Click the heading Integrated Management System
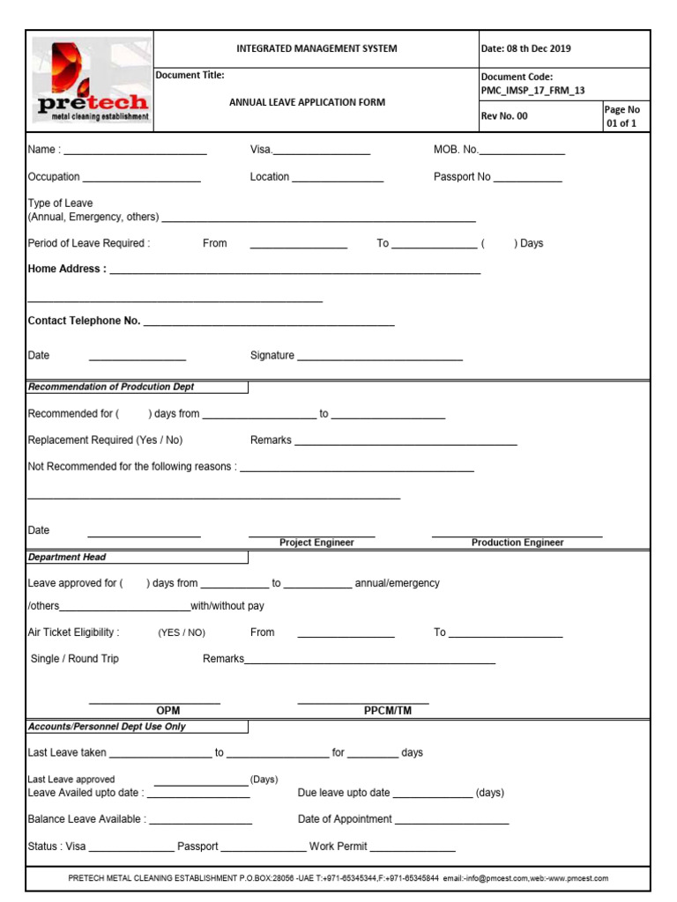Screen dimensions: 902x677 click(316, 48)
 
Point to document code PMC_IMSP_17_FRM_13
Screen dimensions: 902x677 click(532, 90)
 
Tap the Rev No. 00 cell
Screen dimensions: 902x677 click(505, 116)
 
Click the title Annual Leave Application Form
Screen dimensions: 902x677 click(307, 102)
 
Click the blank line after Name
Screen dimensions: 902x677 click(136, 152)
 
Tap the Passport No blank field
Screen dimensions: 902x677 click(527, 179)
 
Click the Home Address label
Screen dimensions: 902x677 click(67, 269)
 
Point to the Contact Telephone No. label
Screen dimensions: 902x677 click(85, 321)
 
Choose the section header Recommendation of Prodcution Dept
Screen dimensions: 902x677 click(111, 387)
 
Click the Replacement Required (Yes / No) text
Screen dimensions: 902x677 click(105, 440)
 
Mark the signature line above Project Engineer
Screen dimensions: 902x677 click(312, 535)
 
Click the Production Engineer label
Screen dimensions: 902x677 click(517, 543)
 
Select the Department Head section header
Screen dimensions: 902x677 click(67, 557)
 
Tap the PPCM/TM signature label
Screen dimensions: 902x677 click(388, 711)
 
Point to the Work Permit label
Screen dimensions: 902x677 click(338, 847)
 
